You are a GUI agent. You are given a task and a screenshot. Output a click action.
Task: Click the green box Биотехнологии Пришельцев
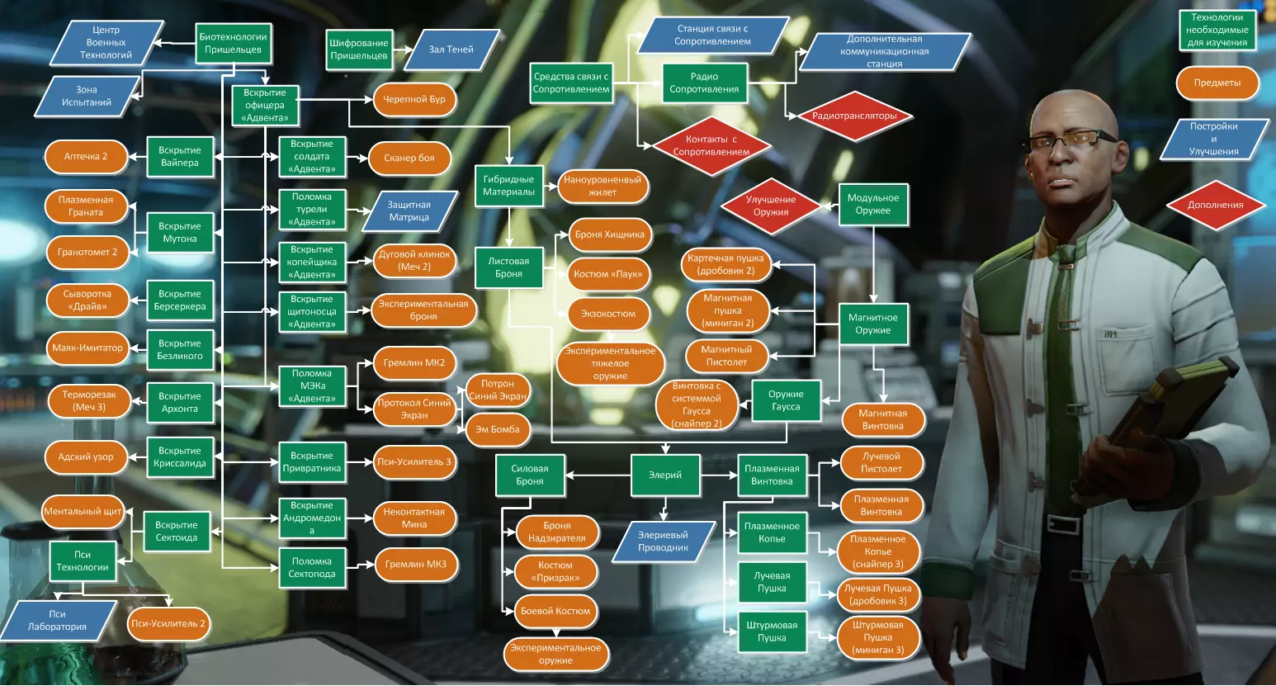point(233,43)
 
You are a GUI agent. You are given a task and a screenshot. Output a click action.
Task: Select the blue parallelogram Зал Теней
point(451,50)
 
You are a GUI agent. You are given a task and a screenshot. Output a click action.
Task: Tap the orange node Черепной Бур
point(414,99)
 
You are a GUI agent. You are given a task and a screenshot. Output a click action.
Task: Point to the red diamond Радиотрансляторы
point(853,116)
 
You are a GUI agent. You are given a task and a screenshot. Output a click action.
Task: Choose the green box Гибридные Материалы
point(508,186)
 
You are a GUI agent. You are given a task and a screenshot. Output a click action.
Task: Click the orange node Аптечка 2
point(86,157)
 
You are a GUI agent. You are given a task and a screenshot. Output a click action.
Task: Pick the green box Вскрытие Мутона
point(180,233)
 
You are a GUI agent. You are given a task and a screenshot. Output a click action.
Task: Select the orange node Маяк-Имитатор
point(87,348)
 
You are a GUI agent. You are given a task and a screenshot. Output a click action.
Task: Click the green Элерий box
point(665,475)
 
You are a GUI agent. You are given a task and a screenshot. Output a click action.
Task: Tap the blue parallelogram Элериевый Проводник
point(663,542)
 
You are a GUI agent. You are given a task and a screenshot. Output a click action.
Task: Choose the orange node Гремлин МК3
point(415,565)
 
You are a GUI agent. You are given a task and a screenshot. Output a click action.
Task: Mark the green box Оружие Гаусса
point(786,400)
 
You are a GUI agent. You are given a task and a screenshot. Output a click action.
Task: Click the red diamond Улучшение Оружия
point(771,206)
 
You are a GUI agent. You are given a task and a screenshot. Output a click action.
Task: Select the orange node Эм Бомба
point(498,429)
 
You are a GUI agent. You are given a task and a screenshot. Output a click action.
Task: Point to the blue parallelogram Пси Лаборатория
point(57,621)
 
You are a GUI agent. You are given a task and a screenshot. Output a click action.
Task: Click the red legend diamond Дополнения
point(1215,206)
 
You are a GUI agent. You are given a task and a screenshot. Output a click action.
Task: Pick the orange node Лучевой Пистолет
point(881,462)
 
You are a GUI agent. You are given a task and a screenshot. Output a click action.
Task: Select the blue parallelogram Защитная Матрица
point(409,211)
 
